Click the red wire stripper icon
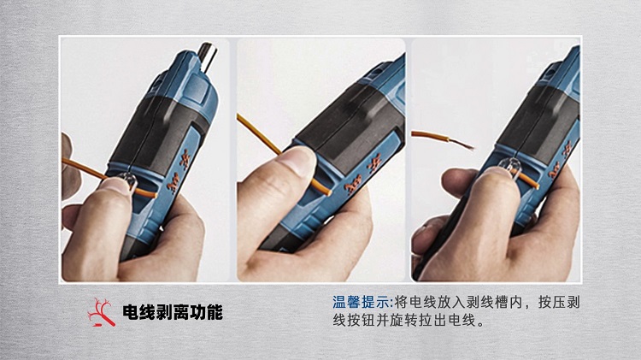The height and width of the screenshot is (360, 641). pos(101,313)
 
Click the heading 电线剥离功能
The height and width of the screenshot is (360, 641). pos(173,313)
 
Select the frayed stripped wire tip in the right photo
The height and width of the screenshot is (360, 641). pos(462,144)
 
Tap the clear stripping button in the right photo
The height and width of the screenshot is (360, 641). pos(509,166)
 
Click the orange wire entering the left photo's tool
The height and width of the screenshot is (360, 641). pos(83,168)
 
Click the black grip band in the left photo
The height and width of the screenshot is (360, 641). pos(160,132)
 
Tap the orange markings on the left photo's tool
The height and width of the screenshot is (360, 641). pos(179,171)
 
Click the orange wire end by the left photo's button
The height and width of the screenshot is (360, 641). pos(145,192)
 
